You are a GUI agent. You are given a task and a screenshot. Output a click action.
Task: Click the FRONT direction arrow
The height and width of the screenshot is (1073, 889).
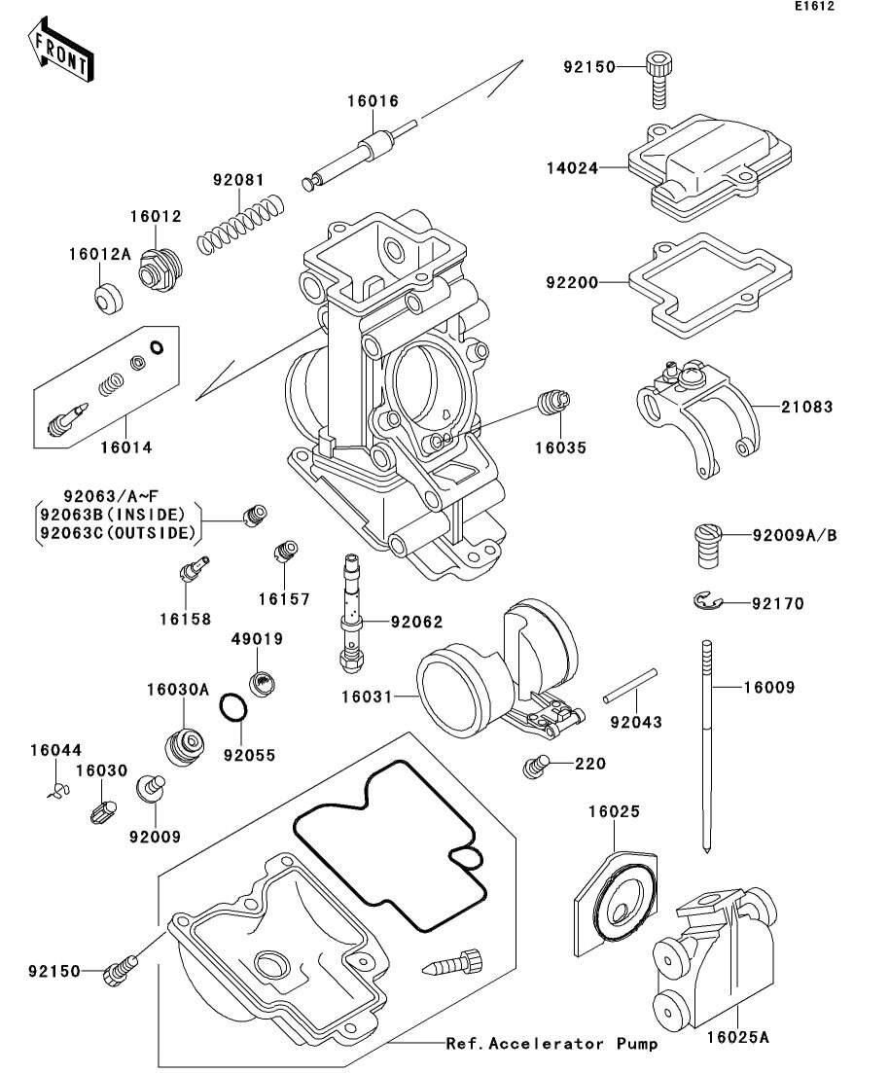click(x=61, y=54)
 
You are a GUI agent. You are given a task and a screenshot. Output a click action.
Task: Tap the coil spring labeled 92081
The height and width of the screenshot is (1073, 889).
click(x=241, y=226)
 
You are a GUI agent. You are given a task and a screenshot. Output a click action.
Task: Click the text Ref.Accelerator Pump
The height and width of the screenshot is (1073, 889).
click(x=551, y=1044)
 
